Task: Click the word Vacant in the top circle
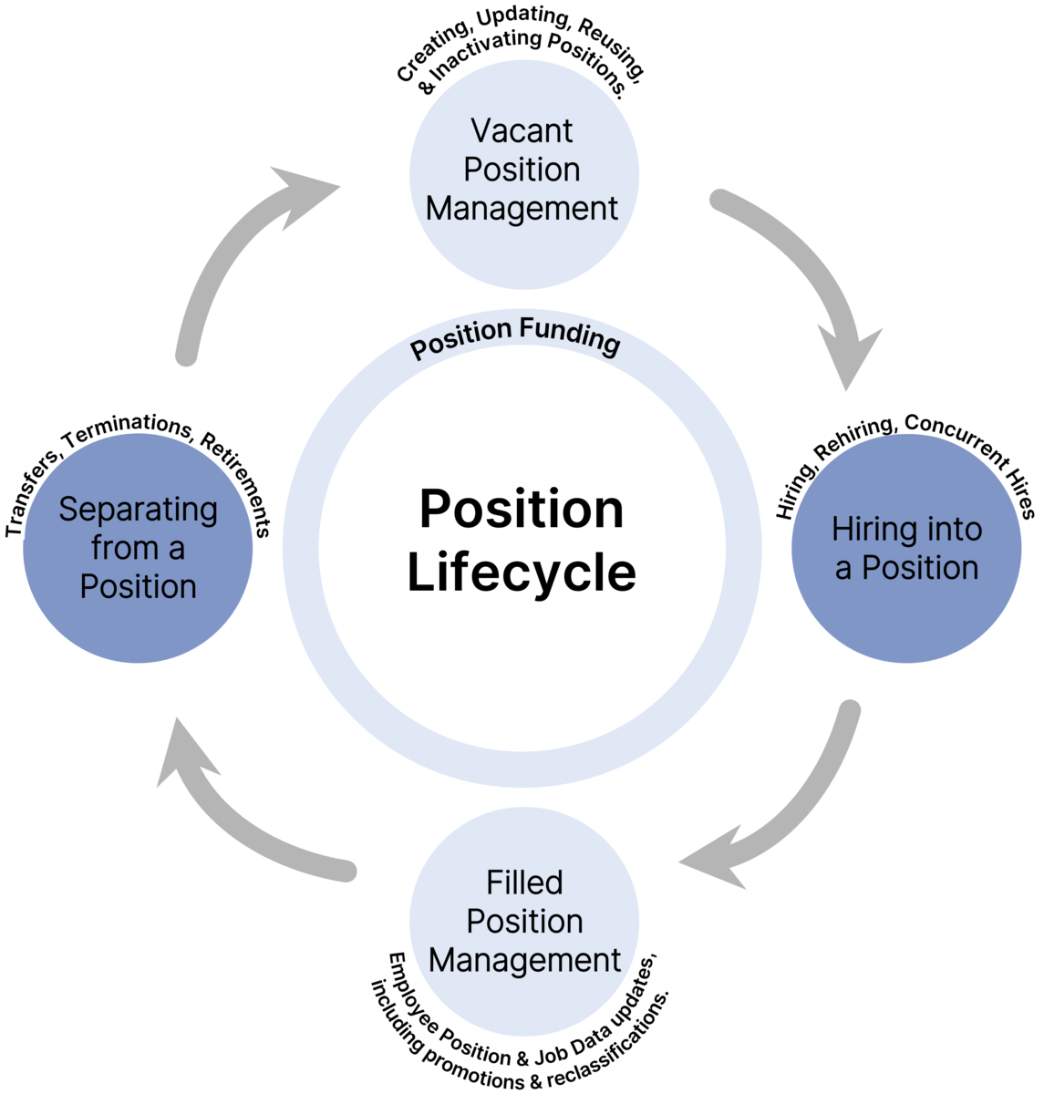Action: coord(522,130)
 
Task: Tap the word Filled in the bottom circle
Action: coord(524,882)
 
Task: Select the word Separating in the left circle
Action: coord(138,509)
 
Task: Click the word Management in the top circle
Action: coord(522,208)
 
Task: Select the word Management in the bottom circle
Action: coord(524,960)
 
